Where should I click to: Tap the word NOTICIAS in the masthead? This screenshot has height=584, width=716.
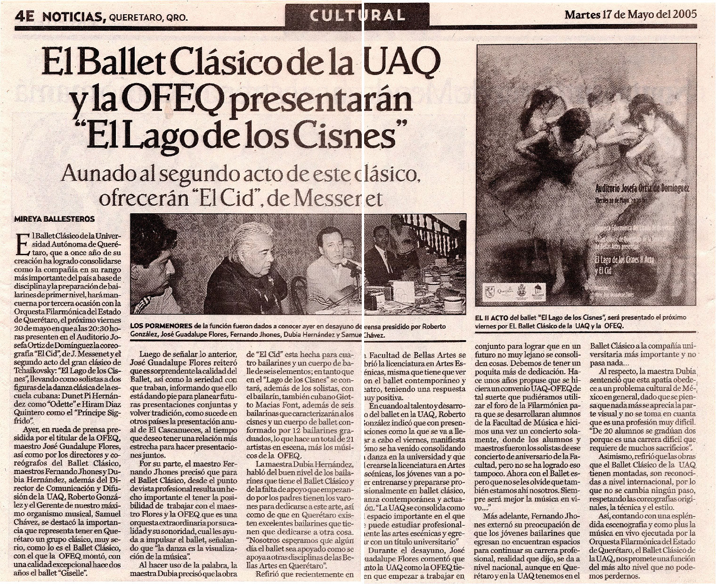pyautogui.click(x=73, y=17)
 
